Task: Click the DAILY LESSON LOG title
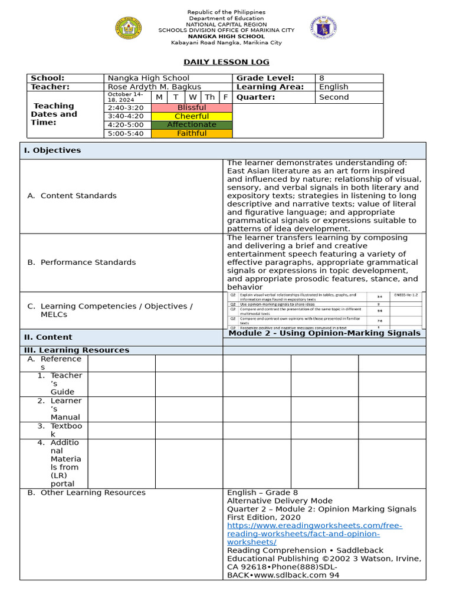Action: (226, 62)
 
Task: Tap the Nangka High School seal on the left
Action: (128, 28)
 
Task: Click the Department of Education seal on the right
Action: (323, 28)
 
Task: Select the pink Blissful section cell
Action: (192, 108)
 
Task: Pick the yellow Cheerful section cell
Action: (192, 116)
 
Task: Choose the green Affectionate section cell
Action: (192, 125)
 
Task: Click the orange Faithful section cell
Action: (192, 133)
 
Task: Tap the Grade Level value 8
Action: (321, 78)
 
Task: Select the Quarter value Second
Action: (334, 97)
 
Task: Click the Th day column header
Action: (209, 97)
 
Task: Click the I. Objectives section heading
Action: (52, 150)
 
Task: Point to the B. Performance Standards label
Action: (81, 262)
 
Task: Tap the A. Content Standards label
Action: (72, 196)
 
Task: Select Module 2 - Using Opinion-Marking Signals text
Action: (324, 333)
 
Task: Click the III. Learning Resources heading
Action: (76, 350)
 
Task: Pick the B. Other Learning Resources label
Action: (86, 493)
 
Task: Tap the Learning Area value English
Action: (333, 87)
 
